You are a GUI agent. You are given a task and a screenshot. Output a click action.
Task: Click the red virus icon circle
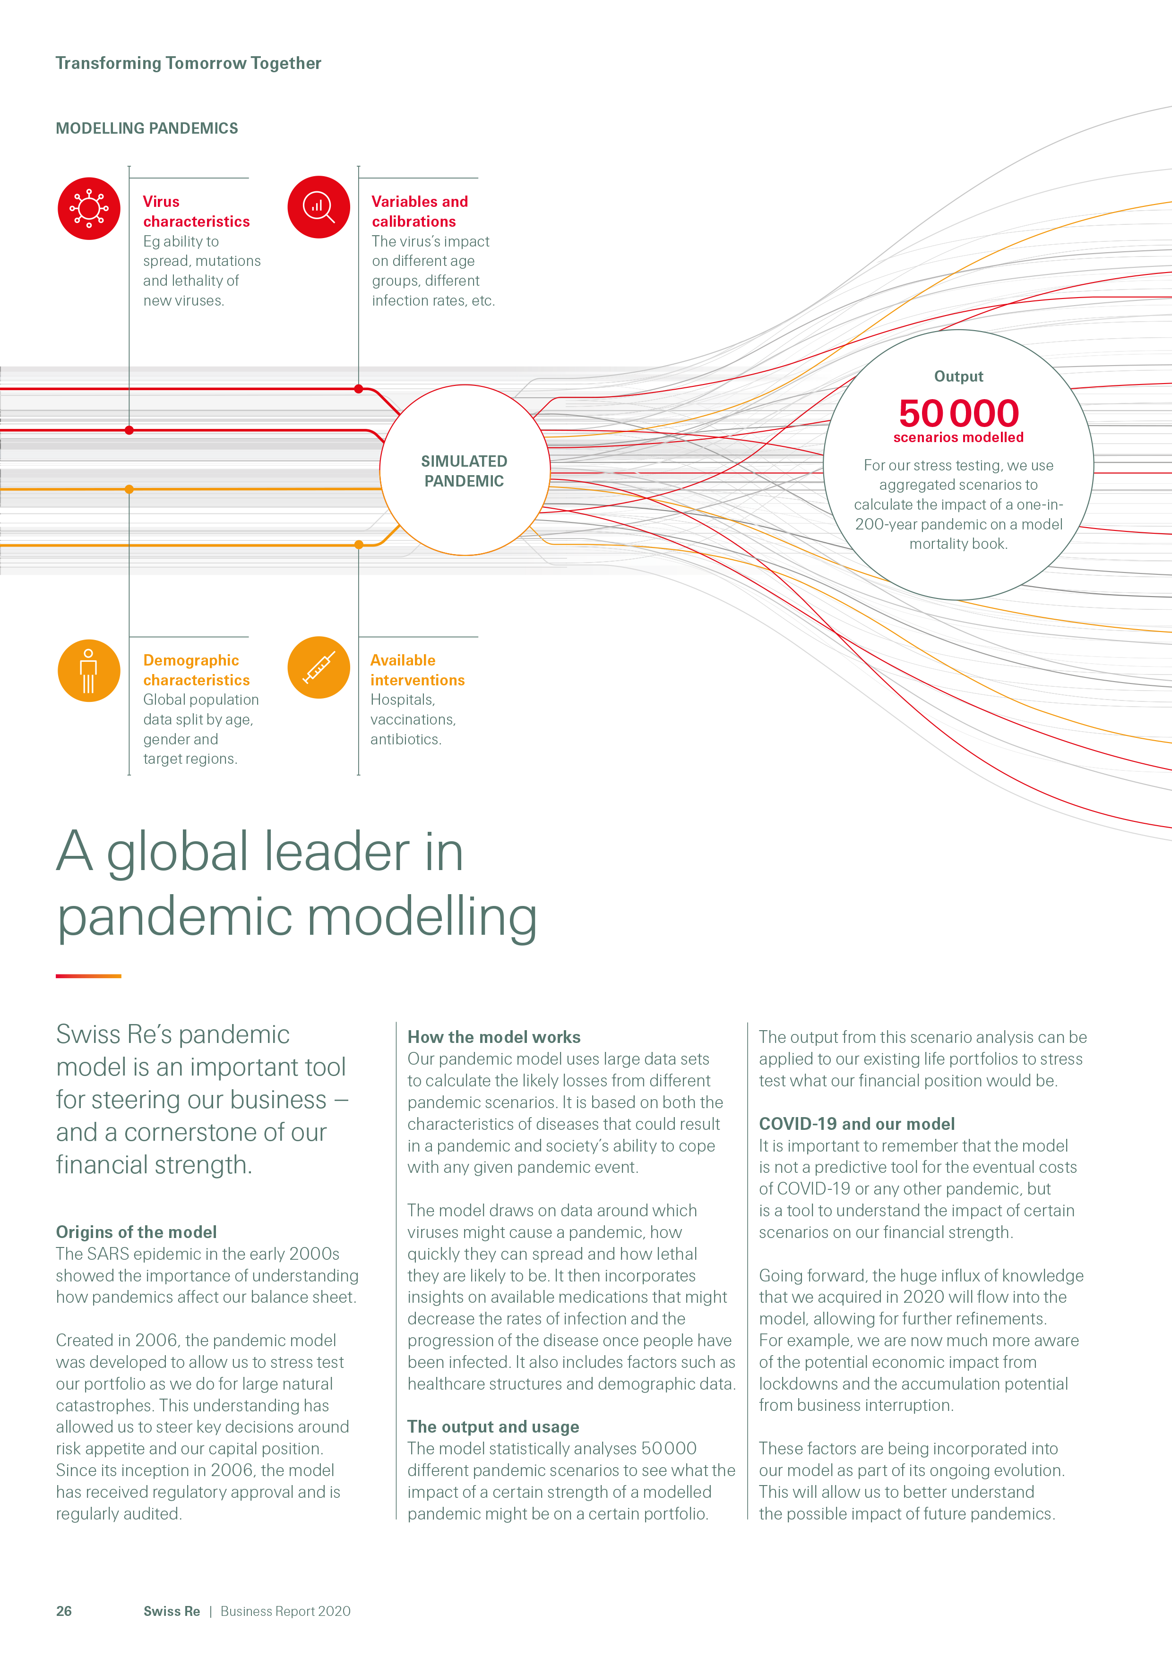pyautogui.click(x=89, y=209)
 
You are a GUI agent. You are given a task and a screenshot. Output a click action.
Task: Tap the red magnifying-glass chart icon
pyautogui.click(x=319, y=207)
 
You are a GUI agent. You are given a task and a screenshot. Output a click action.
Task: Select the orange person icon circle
pyautogui.click(x=89, y=670)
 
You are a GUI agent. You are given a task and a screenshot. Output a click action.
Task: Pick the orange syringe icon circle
pyautogui.click(x=319, y=667)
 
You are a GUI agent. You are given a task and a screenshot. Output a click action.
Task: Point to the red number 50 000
pyautogui.click(x=958, y=413)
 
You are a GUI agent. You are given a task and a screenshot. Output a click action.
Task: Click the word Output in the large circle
pyautogui.click(x=958, y=376)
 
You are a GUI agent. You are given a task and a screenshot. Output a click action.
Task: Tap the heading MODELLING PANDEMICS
pyautogui.click(x=146, y=128)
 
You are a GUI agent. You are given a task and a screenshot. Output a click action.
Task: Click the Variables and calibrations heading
pyautogui.click(x=420, y=212)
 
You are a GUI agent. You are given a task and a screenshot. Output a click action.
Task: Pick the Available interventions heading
pyautogui.click(x=417, y=670)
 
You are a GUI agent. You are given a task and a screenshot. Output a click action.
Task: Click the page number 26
pyautogui.click(x=64, y=1611)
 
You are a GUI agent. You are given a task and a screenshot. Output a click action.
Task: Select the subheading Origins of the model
pyautogui.click(x=137, y=1232)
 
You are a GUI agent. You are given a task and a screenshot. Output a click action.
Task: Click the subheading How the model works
pyautogui.click(x=494, y=1037)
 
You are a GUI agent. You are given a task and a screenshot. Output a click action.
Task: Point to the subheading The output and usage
pyautogui.click(x=493, y=1427)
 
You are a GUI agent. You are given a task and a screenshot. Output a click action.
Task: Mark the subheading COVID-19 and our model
pyautogui.click(x=856, y=1124)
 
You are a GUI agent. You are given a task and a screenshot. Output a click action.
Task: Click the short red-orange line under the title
pyautogui.click(x=88, y=976)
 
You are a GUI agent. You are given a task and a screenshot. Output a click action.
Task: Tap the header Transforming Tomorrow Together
pyautogui.click(x=189, y=63)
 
